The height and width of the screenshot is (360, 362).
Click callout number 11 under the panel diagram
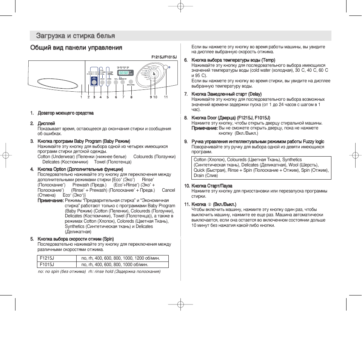pos(165,97)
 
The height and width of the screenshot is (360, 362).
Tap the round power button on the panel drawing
pos(165,68)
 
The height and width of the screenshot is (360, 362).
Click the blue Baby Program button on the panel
pos(94,80)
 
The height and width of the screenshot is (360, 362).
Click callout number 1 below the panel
pos(81,97)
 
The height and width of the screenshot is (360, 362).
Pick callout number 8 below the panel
pos(131,97)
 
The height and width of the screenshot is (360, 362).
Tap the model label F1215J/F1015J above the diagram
pos(164,57)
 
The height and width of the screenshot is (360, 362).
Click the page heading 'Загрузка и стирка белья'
pos(75,36)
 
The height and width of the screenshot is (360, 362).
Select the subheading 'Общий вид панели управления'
pos(76,48)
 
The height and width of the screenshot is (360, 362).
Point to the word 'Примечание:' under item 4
pos(50,200)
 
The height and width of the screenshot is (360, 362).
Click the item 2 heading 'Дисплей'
pos(46,123)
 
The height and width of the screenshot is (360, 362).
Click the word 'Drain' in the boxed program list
pos(199,175)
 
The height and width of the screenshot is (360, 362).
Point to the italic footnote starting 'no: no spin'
pos(99,271)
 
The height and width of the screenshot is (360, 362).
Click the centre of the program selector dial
pos(154,74)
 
